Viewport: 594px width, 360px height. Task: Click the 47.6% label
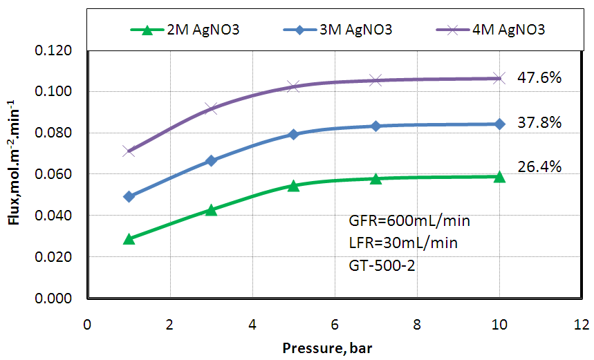pos(539,77)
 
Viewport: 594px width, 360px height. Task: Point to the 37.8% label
pos(539,122)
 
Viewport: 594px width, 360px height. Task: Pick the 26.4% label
pos(539,167)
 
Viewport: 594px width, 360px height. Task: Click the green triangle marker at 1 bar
pos(129,238)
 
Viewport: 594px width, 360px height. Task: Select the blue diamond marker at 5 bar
pos(293,134)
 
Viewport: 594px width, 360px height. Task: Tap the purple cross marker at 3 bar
pos(211,108)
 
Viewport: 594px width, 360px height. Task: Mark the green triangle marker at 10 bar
pos(499,176)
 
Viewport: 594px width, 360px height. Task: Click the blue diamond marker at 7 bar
pos(375,126)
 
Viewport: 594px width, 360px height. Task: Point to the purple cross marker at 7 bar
pos(375,80)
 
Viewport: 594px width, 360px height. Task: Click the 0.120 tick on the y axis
pos(57,50)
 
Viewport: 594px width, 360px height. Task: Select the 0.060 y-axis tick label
pos(57,174)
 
